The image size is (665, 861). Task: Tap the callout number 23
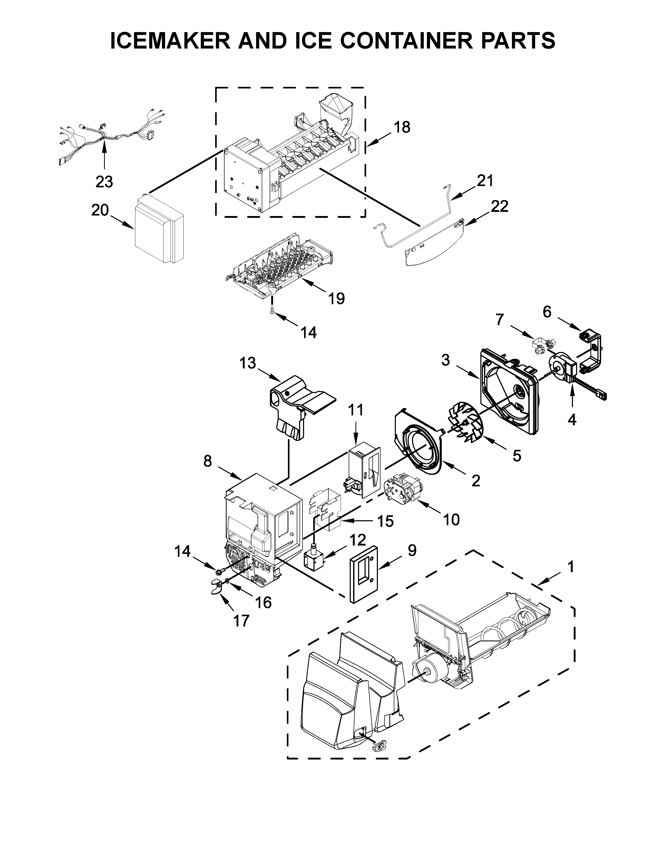coord(104,182)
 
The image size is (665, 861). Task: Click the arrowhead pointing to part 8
coord(239,478)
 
